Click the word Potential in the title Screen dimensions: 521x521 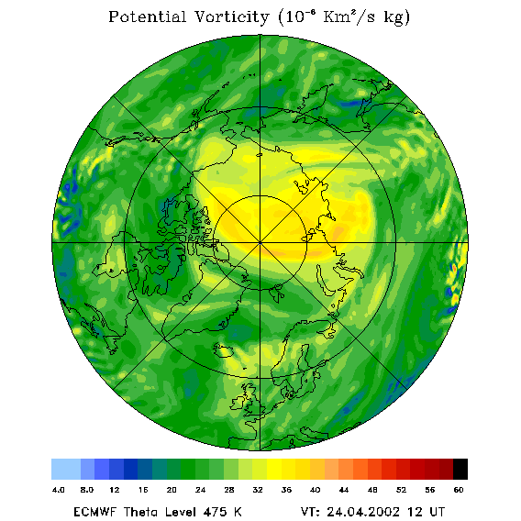click(147, 17)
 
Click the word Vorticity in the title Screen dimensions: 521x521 click(231, 17)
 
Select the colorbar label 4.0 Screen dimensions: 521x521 click(59, 490)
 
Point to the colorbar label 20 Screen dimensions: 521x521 click(172, 490)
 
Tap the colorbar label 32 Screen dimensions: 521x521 click(258, 490)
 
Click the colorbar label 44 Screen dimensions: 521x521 click(344, 490)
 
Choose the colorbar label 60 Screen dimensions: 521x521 click(459, 490)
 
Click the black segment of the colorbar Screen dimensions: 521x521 click(460, 469)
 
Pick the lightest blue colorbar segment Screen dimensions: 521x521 click(66, 469)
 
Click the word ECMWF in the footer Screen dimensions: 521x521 click(95, 512)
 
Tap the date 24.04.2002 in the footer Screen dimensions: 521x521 click(363, 512)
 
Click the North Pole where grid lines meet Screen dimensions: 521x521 click(260, 243)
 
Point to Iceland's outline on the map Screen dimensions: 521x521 click(223, 349)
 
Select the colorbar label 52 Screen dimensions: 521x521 click(401, 490)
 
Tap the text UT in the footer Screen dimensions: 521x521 click(437, 512)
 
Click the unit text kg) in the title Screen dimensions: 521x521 click(397, 17)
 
